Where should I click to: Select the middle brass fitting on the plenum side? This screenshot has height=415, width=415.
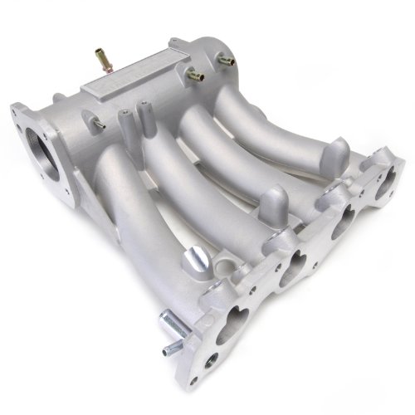(196, 76)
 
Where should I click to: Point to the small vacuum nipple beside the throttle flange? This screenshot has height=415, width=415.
(98, 124)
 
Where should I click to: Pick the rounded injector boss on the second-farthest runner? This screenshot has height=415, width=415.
(272, 201)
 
